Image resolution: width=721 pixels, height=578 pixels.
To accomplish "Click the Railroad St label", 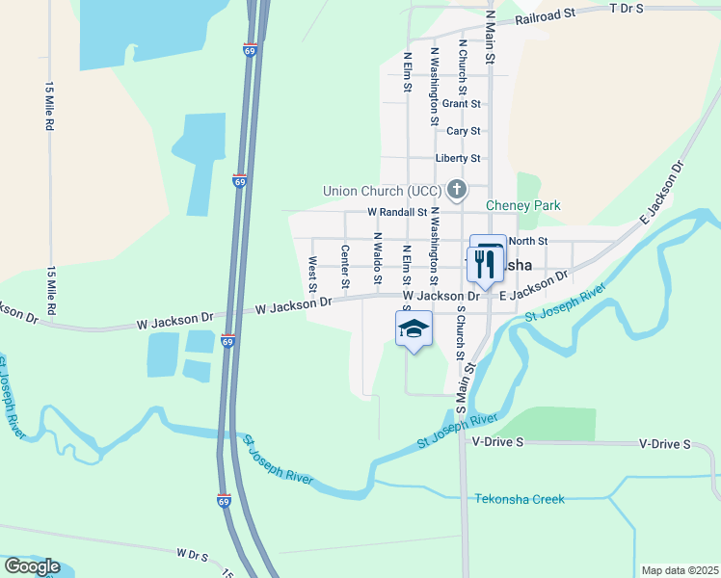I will point(545,14).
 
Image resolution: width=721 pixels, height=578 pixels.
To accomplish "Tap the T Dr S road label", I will point(627,8).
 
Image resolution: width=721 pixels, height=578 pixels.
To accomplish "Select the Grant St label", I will point(462,103).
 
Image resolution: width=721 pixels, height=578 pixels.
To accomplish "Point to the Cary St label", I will point(463,131).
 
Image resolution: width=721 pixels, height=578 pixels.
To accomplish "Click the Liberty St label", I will point(458,158).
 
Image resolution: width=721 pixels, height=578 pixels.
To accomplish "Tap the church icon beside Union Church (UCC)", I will point(457,190).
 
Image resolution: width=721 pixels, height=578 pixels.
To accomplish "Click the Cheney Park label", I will point(522,205).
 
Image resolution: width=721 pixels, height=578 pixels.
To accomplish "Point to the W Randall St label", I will point(397,212).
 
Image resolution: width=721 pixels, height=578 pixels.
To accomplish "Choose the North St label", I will point(527,241).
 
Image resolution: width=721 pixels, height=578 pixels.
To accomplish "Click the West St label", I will point(312,274).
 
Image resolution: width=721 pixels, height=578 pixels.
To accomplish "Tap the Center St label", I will point(344,267).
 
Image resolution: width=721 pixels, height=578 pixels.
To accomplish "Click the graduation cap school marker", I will point(414,329).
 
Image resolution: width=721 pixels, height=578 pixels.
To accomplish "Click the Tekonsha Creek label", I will point(520,499).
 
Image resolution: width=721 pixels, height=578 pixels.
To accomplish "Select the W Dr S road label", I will point(193,555).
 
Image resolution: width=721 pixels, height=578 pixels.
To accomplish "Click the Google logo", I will point(32,566).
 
